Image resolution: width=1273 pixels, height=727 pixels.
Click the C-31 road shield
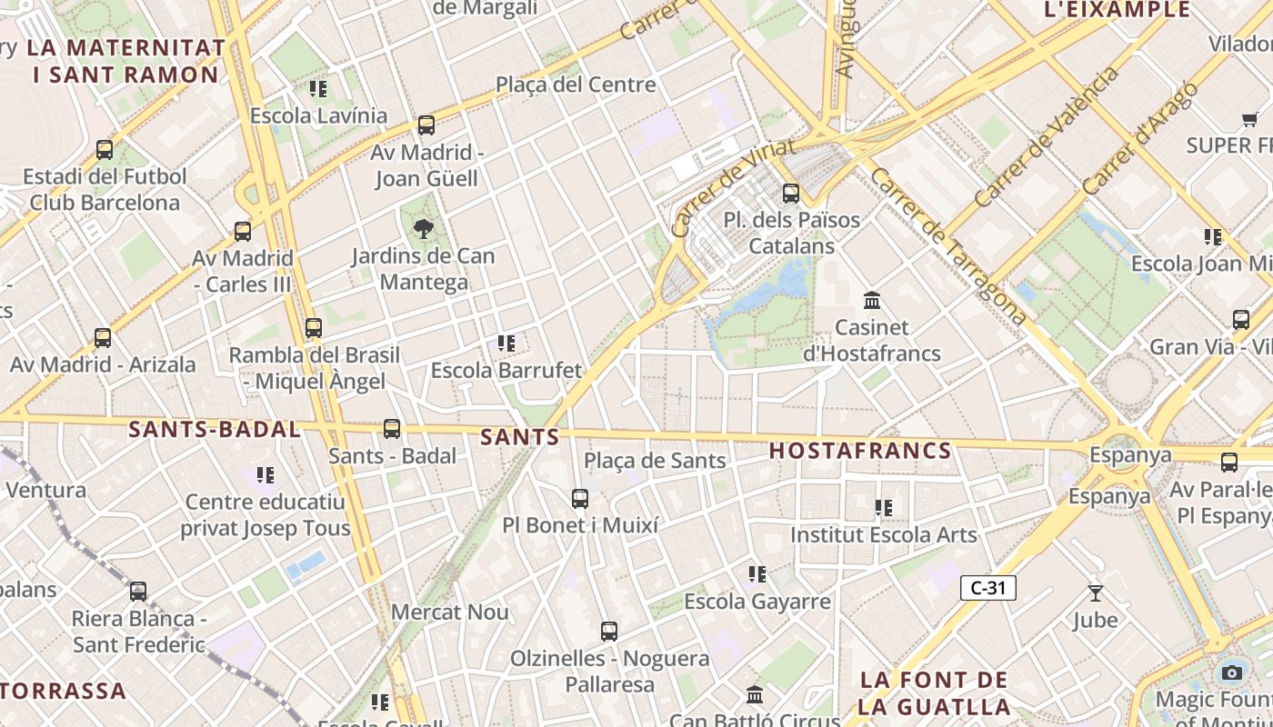click(987, 588)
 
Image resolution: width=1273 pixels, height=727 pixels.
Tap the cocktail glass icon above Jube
click(1096, 593)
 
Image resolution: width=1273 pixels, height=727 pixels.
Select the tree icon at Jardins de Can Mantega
click(424, 229)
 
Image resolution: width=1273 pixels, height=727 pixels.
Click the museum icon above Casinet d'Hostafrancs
click(872, 300)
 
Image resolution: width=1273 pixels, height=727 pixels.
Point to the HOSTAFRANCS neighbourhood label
click(860, 451)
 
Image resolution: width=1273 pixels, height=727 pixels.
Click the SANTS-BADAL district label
click(215, 430)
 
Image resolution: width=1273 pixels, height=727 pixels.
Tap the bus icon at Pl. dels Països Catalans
click(791, 193)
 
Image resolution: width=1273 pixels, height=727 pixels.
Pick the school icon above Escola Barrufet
click(506, 344)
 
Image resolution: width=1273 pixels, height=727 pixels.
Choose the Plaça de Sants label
click(655, 461)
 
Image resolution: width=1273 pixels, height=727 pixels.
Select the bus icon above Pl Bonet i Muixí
click(580, 498)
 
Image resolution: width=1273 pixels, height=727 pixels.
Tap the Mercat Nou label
click(449, 612)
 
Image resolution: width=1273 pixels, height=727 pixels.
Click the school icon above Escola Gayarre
click(757, 574)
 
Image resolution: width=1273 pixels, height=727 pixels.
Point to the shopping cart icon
click(1249, 119)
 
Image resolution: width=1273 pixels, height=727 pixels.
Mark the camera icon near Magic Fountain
click(1232, 672)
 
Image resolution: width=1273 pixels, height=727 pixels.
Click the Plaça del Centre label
click(576, 85)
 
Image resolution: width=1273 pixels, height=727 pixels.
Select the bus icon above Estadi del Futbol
click(105, 149)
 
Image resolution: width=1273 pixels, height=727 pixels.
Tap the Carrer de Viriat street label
click(733, 187)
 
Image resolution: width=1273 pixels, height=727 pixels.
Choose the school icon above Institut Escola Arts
click(884, 508)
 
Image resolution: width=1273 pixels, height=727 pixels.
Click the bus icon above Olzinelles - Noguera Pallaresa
click(609, 631)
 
